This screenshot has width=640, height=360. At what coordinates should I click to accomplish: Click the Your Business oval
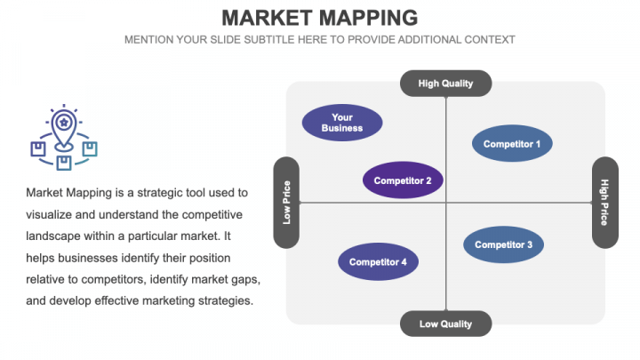[x=342, y=123]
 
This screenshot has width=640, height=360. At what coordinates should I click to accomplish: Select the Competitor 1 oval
[x=511, y=143]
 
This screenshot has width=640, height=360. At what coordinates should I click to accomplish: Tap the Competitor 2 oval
[x=403, y=180]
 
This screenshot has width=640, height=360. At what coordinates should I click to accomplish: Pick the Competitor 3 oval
[x=503, y=244]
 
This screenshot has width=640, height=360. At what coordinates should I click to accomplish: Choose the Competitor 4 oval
[x=378, y=261]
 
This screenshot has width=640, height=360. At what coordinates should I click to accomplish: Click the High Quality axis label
[x=445, y=84]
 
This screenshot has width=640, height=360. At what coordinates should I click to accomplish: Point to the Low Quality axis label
[x=445, y=324]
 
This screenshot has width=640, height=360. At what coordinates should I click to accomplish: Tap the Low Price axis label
[x=286, y=203]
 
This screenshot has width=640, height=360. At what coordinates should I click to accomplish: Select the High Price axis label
[x=604, y=203]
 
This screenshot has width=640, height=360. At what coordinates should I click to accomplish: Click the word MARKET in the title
[x=265, y=17]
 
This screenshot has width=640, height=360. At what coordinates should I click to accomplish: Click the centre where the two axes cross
[x=445, y=203]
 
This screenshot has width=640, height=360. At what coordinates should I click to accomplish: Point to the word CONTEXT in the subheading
[x=489, y=40]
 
